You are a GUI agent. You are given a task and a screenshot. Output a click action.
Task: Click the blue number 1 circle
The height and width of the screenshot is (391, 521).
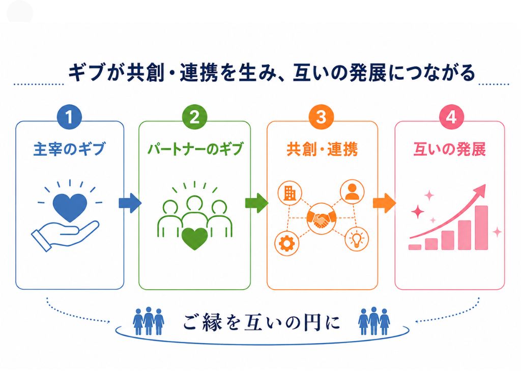pyautogui.click(x=69, y=117)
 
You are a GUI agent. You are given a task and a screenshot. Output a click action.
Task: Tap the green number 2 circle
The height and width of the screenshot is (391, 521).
pyautogui.click(x=195, y=117)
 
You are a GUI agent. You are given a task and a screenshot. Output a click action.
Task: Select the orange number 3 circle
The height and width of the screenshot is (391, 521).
pyautogui.click(x=321, y=117)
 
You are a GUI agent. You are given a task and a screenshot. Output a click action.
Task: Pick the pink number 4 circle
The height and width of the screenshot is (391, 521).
pyautogui.click(x=451, y=117)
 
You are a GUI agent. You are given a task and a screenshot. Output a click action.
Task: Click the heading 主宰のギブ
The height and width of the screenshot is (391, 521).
pyautogui.click(x=69, y=149)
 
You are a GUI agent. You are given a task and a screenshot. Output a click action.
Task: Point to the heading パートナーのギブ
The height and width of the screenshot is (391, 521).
pyautogui.click(x=195, y=149)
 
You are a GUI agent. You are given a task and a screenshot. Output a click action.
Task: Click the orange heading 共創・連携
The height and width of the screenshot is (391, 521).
pyautogui.click(x=322, y=149)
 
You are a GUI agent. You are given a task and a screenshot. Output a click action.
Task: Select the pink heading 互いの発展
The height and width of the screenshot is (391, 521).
pyautogui.click(x=450, y=149)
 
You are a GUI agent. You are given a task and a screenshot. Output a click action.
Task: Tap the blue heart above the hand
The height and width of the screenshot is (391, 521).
pyautogui.click(x=70, y=208)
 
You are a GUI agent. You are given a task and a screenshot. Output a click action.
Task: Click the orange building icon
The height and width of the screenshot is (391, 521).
pyautogui.click(x=290, y=193)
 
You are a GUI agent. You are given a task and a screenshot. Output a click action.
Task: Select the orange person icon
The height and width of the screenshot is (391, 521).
pyautogui.click(x=352, y=192)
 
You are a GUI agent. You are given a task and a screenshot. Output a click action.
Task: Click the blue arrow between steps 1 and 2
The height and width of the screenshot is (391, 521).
pyautogui.click(x=130, y=203)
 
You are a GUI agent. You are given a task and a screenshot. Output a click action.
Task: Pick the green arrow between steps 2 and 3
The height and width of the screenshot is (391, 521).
pyautogui.click(x=256, y=203)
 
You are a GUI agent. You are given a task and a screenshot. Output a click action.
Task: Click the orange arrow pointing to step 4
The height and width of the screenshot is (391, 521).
pyautogui.click(x=384, y=203)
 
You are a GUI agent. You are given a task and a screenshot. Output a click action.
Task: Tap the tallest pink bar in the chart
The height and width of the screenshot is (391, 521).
pyautogui.click(x=481, y=228)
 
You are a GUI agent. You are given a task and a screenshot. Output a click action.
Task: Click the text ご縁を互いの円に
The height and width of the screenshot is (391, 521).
pyautogui.click(x=262, y=322)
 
